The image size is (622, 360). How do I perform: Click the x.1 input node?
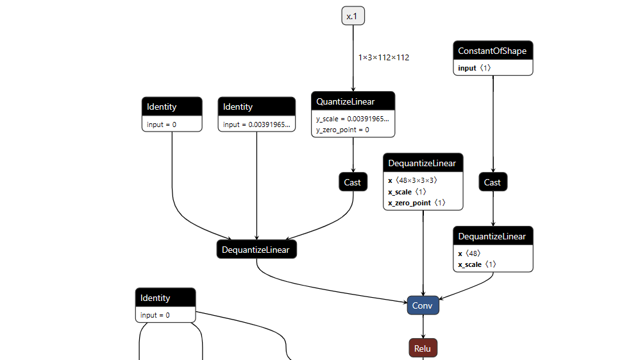(353, 16)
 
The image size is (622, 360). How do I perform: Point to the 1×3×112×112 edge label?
(383, 57)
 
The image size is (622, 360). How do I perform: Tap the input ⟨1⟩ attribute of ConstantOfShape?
(475, 67)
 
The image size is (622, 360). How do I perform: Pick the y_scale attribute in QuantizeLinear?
(353, 119)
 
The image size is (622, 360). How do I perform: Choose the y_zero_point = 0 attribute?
(342, 130)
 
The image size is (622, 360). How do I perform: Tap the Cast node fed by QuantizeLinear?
(353, 182)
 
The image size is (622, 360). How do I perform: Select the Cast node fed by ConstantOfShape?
(492, 182)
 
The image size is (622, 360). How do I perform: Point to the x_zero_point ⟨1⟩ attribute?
(416, 202)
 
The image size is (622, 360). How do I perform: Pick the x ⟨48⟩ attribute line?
(469, 253)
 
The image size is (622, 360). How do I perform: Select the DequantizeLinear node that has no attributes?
(256, 250)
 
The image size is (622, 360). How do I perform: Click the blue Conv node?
(423, 305)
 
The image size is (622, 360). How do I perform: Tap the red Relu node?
(423, 348)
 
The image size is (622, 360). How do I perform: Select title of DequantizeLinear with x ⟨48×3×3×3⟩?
(423, 163)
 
